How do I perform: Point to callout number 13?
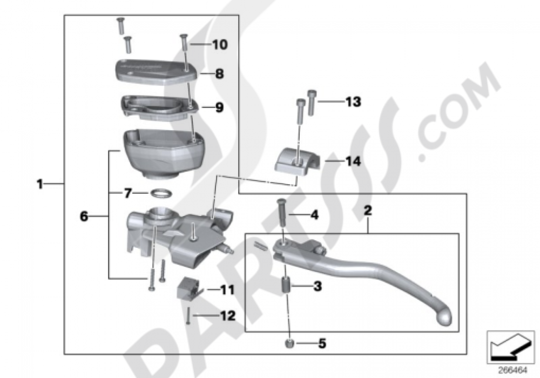pos(353,102)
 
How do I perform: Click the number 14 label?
pos(353,161)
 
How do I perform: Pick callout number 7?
pos(127,192)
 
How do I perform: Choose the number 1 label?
pos(39,184)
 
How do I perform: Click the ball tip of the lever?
pos(443,319)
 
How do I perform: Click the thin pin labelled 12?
pos(188,315)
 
